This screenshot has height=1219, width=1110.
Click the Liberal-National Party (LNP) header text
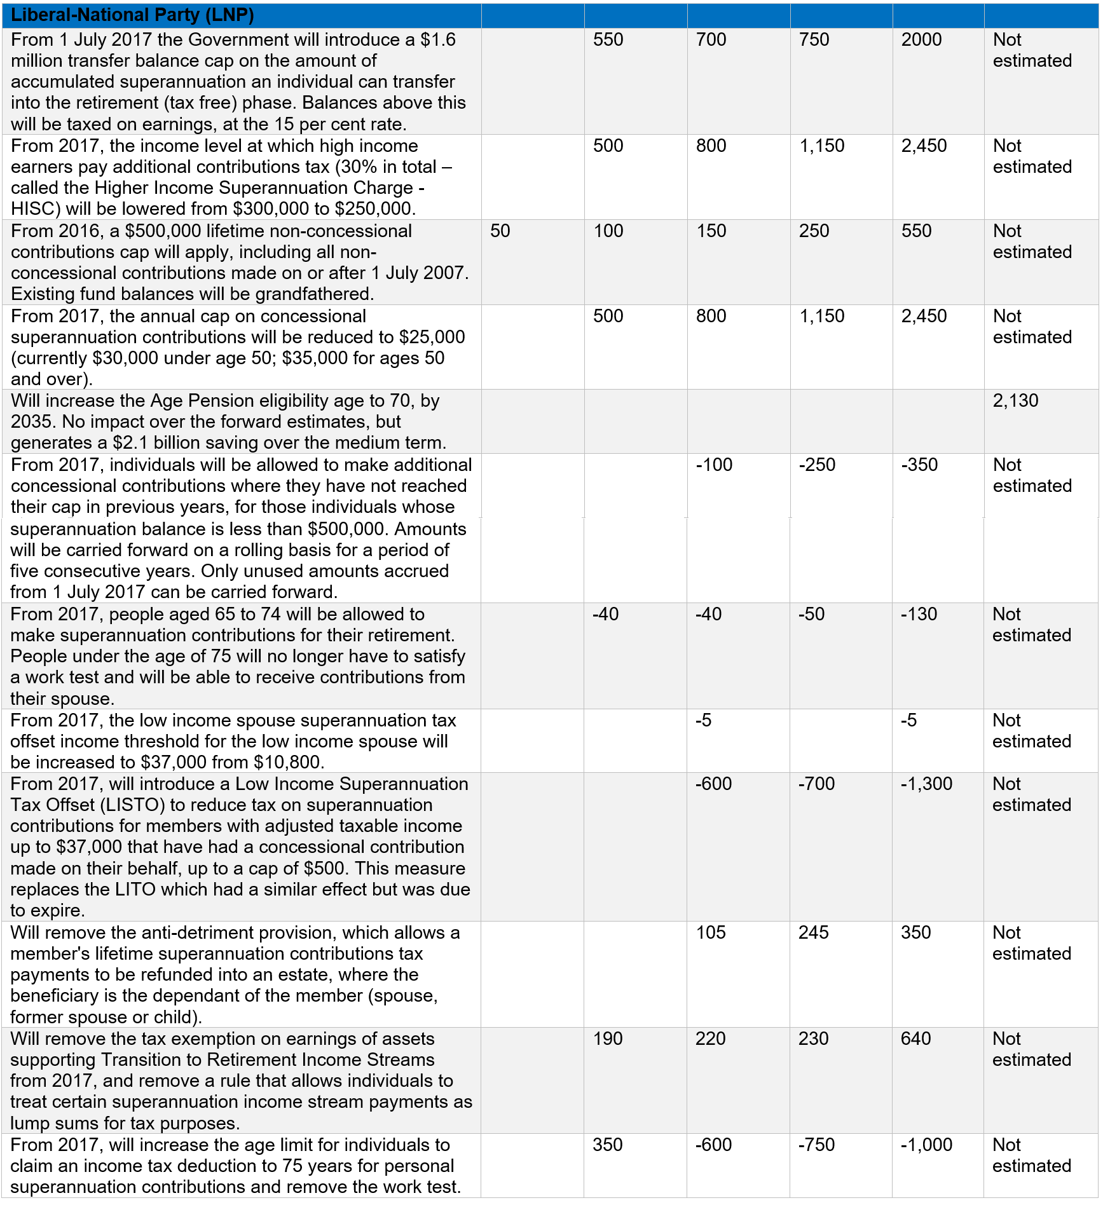click(132, 15)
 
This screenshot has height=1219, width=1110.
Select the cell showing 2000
click(922, 39)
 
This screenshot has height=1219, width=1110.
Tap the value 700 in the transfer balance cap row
click(711, 39)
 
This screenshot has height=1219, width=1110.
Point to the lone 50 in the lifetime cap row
click(500, 231)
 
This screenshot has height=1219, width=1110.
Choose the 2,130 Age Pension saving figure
click(1015, 400)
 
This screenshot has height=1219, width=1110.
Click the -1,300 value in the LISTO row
click(926, 784)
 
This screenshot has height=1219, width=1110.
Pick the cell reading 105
click(711, 932)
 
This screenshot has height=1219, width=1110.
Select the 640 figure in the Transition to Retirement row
click(915, 1039)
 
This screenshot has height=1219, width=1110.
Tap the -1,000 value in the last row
click(926, 1145)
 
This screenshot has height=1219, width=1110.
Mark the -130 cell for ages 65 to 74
click(919, 614)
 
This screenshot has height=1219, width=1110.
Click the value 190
click(608, 1039)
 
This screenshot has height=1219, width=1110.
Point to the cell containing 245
click(814, 932)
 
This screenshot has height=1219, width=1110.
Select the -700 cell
click(816, 784)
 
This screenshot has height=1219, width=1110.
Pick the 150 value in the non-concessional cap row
click(711, 231)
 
